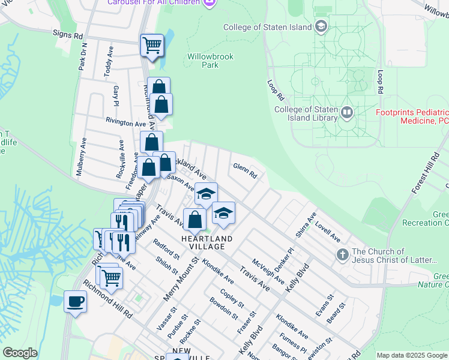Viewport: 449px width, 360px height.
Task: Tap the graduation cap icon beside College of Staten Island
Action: [x=322, y=26]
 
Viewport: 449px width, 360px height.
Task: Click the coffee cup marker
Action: [x=75, y=301]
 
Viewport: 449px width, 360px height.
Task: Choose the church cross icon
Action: [x=342, y=254]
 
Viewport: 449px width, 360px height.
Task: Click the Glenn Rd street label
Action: [x=244, y=171]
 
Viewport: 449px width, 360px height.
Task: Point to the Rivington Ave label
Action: [x=126, y=122]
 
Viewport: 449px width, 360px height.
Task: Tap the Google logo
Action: [x=20, y=353]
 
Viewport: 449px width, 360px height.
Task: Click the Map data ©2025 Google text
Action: [x=412, y=355]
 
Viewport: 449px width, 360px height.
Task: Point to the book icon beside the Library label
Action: [x=347, y=112]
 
